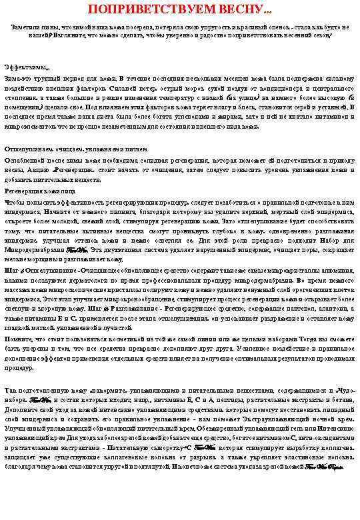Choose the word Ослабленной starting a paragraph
(x=27, y=161)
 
